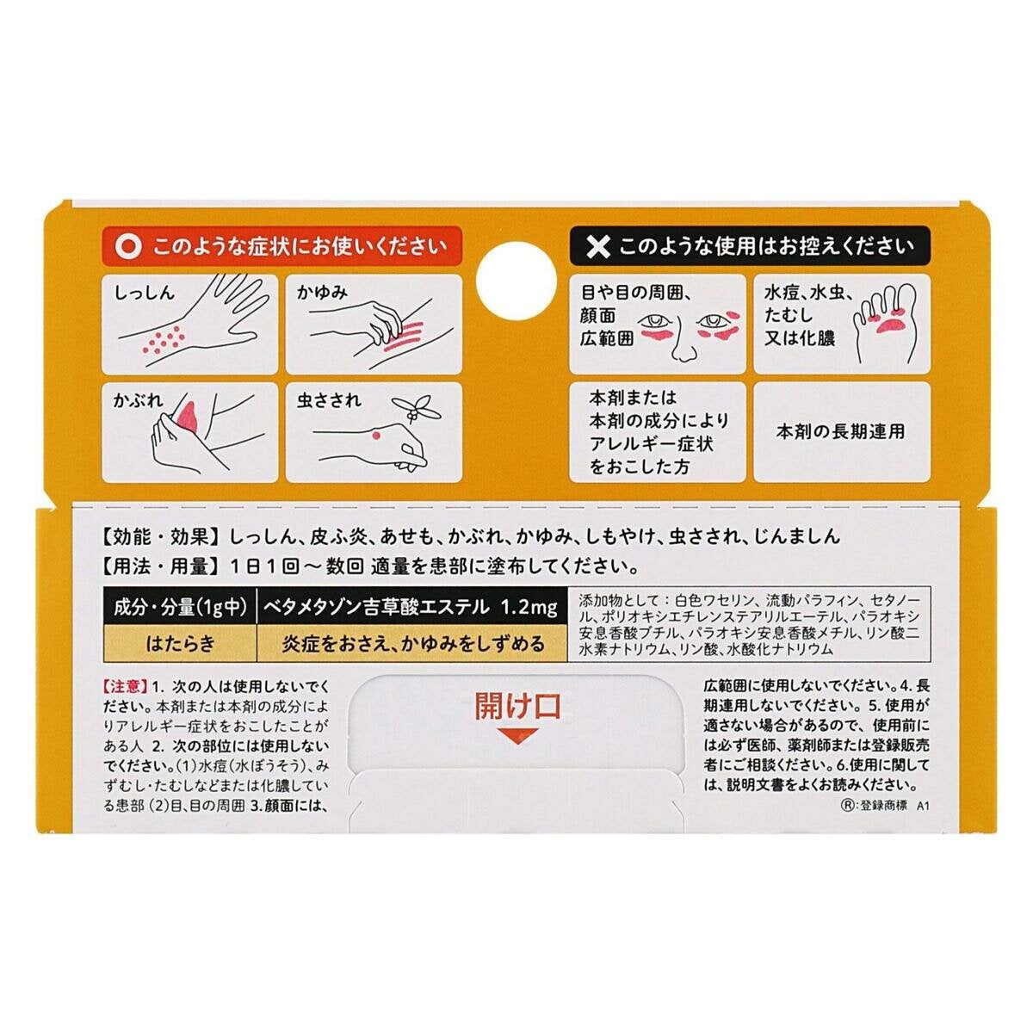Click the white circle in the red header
pyautogui.click(x=128, y=247)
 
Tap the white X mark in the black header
pyautogui.click(x=597, y=247)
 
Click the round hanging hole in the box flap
pyautogui.click(x=516, y=281)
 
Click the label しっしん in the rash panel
pyautogui.click(x=145, y=293)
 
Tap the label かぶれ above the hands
pyautogui.click(x=138, y=400)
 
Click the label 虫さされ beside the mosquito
pyautogui.click(x=329, y=400)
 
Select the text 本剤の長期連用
pyautogui.click(x=840, y=431)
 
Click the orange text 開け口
pyautogui.click(x=517, y=706)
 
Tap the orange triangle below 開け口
pyautogui.click(x=517, y=735)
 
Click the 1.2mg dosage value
pyautogui.click(x=529, y=607)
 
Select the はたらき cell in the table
pyautogui.click(x=180, y=643)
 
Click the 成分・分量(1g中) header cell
pyautogui.click(x=180, y=607)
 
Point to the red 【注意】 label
pyautogui.click(x=125, y=686)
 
